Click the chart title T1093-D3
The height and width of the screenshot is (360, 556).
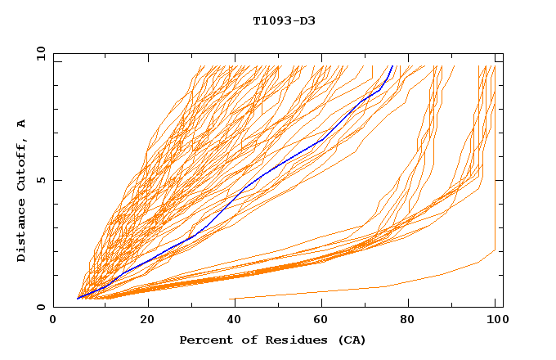tap(284, 20)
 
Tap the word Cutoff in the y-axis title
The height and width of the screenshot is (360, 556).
tap(22, 164)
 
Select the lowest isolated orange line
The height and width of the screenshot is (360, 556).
tap(384, 286)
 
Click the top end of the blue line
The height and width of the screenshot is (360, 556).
tap(392, 66)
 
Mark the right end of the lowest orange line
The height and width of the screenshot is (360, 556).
tap(495, 250)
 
